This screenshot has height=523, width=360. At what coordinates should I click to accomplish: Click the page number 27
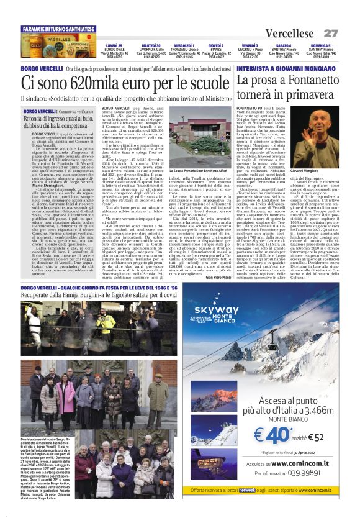tap(330, 34)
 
